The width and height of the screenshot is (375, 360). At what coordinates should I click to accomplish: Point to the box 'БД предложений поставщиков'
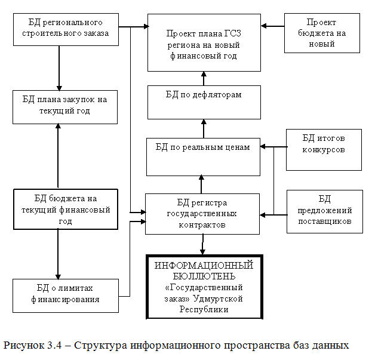click(324, 211)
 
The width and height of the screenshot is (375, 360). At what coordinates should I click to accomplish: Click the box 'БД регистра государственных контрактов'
click(202, 213)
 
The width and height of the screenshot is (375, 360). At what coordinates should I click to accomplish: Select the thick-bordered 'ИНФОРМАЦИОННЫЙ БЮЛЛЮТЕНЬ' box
click(204, 287)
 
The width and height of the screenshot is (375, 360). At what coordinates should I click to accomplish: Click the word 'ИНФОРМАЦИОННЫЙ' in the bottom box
click(204, 264)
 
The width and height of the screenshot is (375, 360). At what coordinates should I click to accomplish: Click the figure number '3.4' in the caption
click(47, 344)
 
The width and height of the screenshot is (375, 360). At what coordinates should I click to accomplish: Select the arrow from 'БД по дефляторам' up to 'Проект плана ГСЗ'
click(204, 78)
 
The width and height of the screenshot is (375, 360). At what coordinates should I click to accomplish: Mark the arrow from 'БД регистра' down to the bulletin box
click(203, 244)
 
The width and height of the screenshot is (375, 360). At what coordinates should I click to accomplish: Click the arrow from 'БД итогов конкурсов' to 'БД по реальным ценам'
click(273, 146)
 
